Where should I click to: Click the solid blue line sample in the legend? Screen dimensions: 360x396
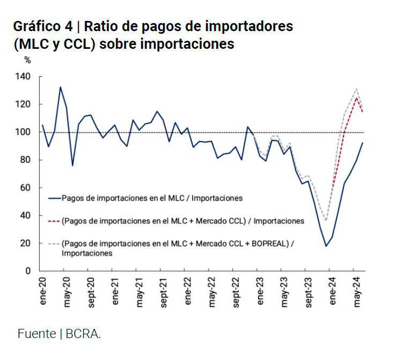(x=53, y=198)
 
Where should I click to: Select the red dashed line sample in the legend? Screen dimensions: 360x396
(x=53, y=221)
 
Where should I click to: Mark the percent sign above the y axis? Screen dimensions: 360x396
(x=27, y=60)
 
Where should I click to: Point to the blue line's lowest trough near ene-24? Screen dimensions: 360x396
(x=326, y=246)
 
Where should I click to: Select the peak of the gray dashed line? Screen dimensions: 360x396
(x=356, y=89)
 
